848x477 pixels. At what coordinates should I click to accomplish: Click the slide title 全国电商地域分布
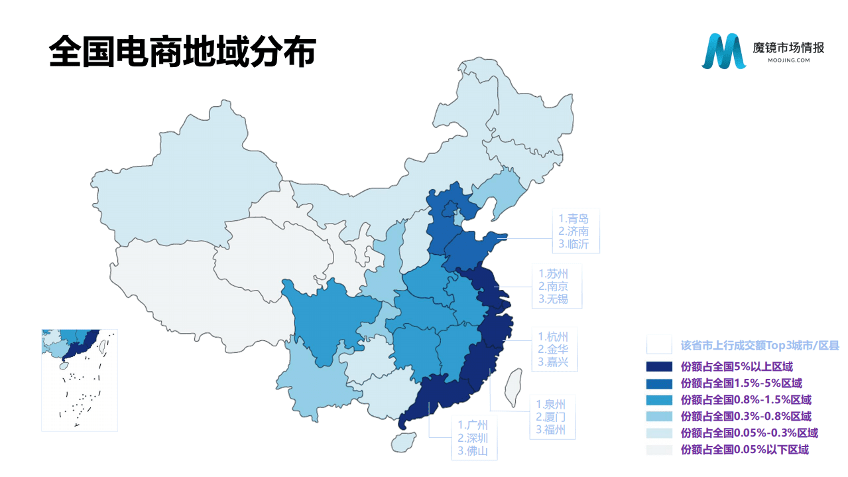tap(182, 52)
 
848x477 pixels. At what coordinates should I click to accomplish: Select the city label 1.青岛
tap(573, 219)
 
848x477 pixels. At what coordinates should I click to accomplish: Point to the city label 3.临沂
tap(573, 243)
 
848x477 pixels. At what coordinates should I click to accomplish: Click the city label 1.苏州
tap(553, 274)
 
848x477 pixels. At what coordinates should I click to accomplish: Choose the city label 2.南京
tap(553, 287)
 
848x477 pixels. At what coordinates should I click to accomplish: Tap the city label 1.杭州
tap(553, 336)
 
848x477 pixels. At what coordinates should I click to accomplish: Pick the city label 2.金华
tap(553, 349)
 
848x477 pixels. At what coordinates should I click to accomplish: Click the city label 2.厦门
tap(551, 417)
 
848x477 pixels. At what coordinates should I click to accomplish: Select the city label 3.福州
tap(551, 429)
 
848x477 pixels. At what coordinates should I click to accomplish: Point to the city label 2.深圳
tap(473, 438)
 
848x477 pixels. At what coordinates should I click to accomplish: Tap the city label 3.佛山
tap(473, 450)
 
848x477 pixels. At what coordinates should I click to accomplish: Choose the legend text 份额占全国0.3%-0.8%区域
tap(746, 417)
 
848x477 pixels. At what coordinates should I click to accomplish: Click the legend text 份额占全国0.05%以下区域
tap(745, 450)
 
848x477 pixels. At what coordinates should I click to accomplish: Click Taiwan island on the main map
tap(514, 388)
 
